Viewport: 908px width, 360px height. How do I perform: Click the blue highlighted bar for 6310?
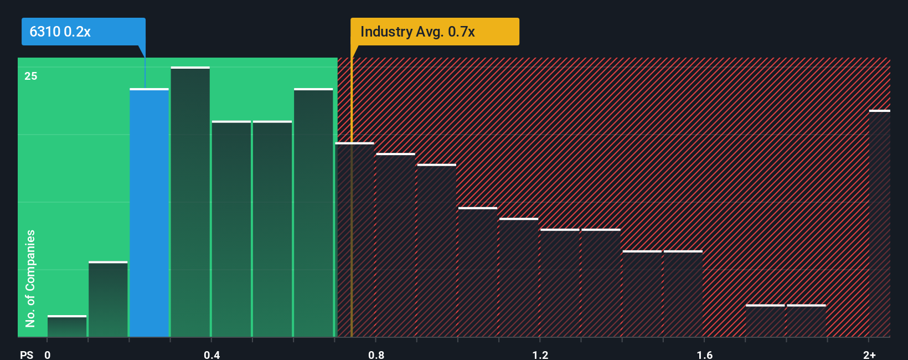pyautogui.click(x=149, y=213)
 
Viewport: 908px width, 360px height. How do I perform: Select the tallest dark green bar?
pyautogui.click(x=190, y=202)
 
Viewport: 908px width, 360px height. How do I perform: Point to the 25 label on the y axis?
pyautogui.click(x=30, y=76)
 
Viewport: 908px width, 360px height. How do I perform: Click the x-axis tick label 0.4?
pyautogui.click(x=211, y=354)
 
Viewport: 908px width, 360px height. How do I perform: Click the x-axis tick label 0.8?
pyautogui.click(x=376, y=354)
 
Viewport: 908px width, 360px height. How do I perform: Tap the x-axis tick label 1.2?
pyautogui.click(x=540, y=354)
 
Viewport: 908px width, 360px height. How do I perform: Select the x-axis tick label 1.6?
pyautogui.click(x=704, y=354)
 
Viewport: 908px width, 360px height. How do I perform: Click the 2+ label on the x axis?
pyautogui.click(x=869, y=354)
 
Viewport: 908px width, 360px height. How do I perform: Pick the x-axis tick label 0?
pyautogui.click(x=48, y=354)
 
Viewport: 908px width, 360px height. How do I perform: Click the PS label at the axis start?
pyautogui.click(x=27, y=354)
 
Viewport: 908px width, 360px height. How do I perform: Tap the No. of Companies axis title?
pyautogui.click(x=30, y=278)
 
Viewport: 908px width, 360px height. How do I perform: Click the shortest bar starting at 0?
pyautogui.click(x=67, y=327)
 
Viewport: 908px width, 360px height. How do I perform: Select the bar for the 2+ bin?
pyautogui.click(x=879, y=224)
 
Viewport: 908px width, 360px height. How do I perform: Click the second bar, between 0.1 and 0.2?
pyautogui.click(x=108, y=300)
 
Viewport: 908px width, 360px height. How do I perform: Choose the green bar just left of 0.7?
pyautogui.click(x=313, y=213)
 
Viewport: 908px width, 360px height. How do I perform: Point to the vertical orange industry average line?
pyautogui.click(x=351, y=222)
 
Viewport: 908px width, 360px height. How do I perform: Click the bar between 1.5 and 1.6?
pyautogui.click(x=683, y=294)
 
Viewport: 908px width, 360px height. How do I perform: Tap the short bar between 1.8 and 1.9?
pyautogui.click(x=806, y=321)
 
